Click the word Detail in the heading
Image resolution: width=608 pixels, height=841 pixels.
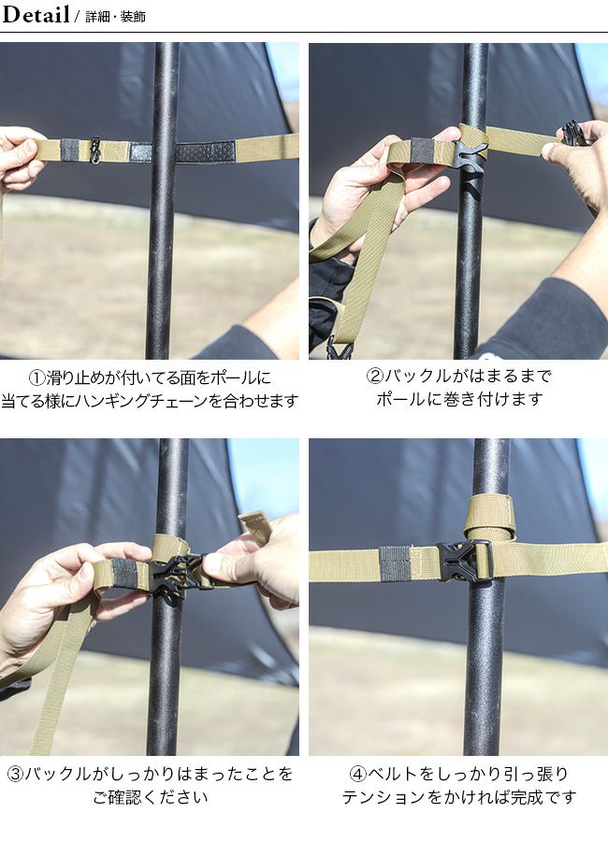(36, 14)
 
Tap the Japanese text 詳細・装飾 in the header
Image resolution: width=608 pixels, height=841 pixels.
(115, 17)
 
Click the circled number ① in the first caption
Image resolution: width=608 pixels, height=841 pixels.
(36, 378)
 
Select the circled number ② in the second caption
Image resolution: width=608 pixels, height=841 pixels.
(374, 376)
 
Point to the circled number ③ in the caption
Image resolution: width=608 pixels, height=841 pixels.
(16, 774)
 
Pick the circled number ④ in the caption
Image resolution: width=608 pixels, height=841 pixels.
(357, 774)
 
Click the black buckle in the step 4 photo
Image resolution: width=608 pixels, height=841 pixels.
(464, 561)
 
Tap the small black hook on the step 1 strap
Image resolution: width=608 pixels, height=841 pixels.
(95, 150)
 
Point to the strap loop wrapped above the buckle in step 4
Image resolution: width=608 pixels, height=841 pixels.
(490, 518)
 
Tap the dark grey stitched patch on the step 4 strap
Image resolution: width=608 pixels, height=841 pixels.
(395, 563)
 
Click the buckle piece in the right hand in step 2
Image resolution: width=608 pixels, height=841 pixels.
(572, 132)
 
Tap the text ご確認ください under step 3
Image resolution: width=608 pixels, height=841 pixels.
(151, 797)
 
